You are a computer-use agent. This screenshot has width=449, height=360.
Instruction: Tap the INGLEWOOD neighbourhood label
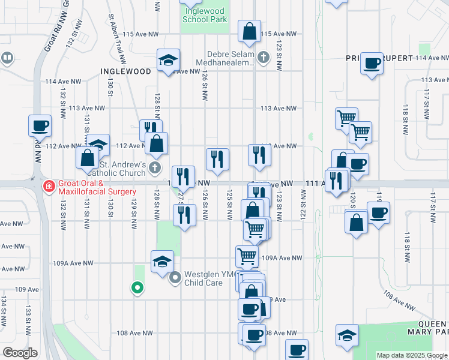(126, 71)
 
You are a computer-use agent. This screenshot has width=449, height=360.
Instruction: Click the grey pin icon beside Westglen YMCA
(176, 278)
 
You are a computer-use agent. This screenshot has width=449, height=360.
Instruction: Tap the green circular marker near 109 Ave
(137, 288)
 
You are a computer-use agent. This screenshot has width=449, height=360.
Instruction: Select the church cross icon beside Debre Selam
(263, 58)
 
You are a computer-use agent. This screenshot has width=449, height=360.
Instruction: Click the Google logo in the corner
(20, 352)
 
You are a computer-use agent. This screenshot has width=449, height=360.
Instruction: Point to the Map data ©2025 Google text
(412, 355)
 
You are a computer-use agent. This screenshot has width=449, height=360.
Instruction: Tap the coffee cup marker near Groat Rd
(40, 126)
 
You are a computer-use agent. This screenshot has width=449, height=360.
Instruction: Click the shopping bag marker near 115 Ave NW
(249, 31)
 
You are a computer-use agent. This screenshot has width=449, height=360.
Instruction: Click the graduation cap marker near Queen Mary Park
(347, 335)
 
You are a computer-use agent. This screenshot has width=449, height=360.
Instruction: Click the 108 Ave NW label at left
(135, 333)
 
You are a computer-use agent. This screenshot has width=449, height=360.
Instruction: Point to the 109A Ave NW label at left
(73, 263)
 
